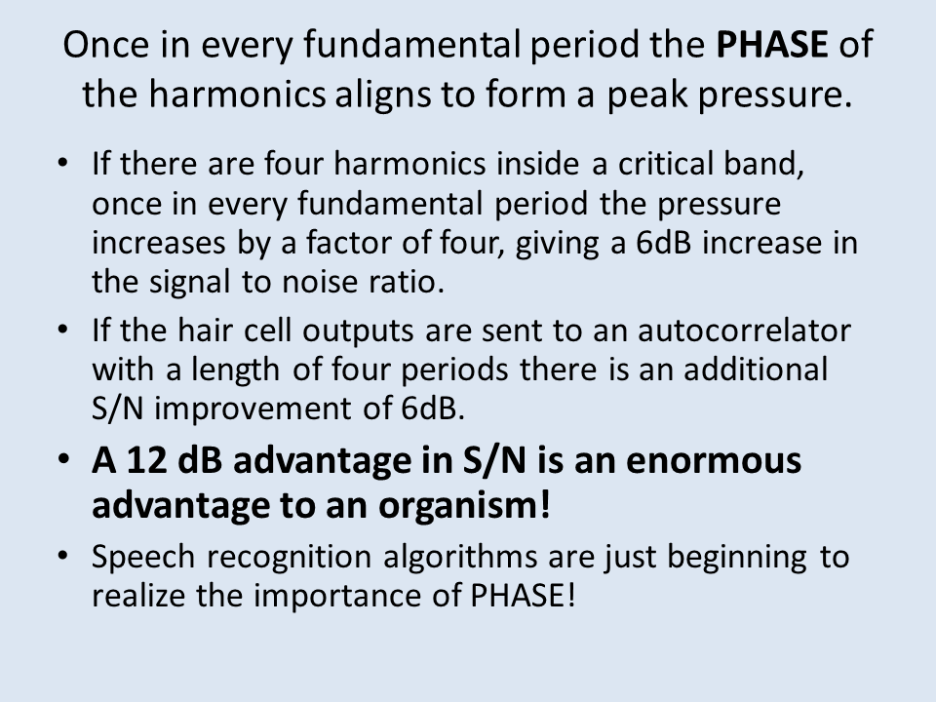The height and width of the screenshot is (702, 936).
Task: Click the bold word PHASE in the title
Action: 772,44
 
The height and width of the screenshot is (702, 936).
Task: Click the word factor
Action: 349,243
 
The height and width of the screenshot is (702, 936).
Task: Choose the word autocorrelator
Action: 744,331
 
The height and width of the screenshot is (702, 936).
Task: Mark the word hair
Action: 204,330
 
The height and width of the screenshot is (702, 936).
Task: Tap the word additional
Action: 755,369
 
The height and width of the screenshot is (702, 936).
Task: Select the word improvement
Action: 253,409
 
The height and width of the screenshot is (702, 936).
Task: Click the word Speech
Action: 143,558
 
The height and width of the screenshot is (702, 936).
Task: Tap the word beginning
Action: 737,558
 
